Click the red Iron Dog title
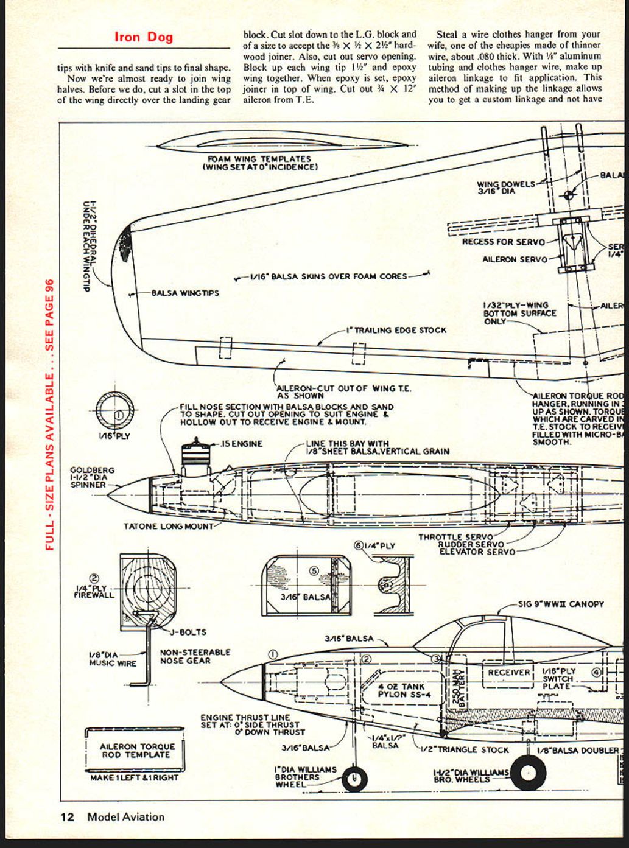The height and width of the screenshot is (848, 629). [x=144, y=37]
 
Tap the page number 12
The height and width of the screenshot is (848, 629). [x=67, y=817]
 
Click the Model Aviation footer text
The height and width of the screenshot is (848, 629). [x=125, y=817]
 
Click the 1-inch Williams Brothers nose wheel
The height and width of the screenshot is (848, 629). [x=355, y=779]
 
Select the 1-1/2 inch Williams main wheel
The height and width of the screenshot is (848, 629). [x=527, y=773]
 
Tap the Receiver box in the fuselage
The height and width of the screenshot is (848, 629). [x=509, y=672]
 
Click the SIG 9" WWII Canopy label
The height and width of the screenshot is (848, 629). [x=561, y=604]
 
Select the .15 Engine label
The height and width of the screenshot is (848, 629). [x=242, y=444]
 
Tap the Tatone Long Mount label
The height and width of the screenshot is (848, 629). [x=168, y=526]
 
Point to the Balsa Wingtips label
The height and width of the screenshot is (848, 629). [x=185, y=293]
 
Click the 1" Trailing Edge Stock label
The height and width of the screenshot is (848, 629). [x=396, y=330]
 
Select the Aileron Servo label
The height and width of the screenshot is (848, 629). [x=514, y=259]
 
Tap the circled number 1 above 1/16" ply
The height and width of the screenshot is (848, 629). [x=118, y=415]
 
